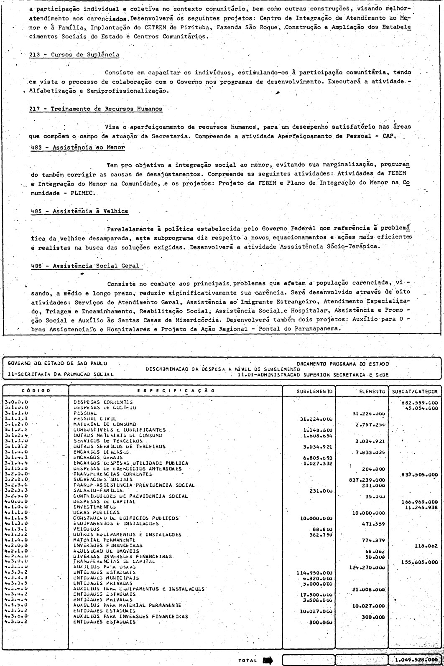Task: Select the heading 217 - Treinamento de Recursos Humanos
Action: pos(96,109)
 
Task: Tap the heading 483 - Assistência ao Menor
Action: pos(78,147)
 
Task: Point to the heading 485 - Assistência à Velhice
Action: pos(79,211)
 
